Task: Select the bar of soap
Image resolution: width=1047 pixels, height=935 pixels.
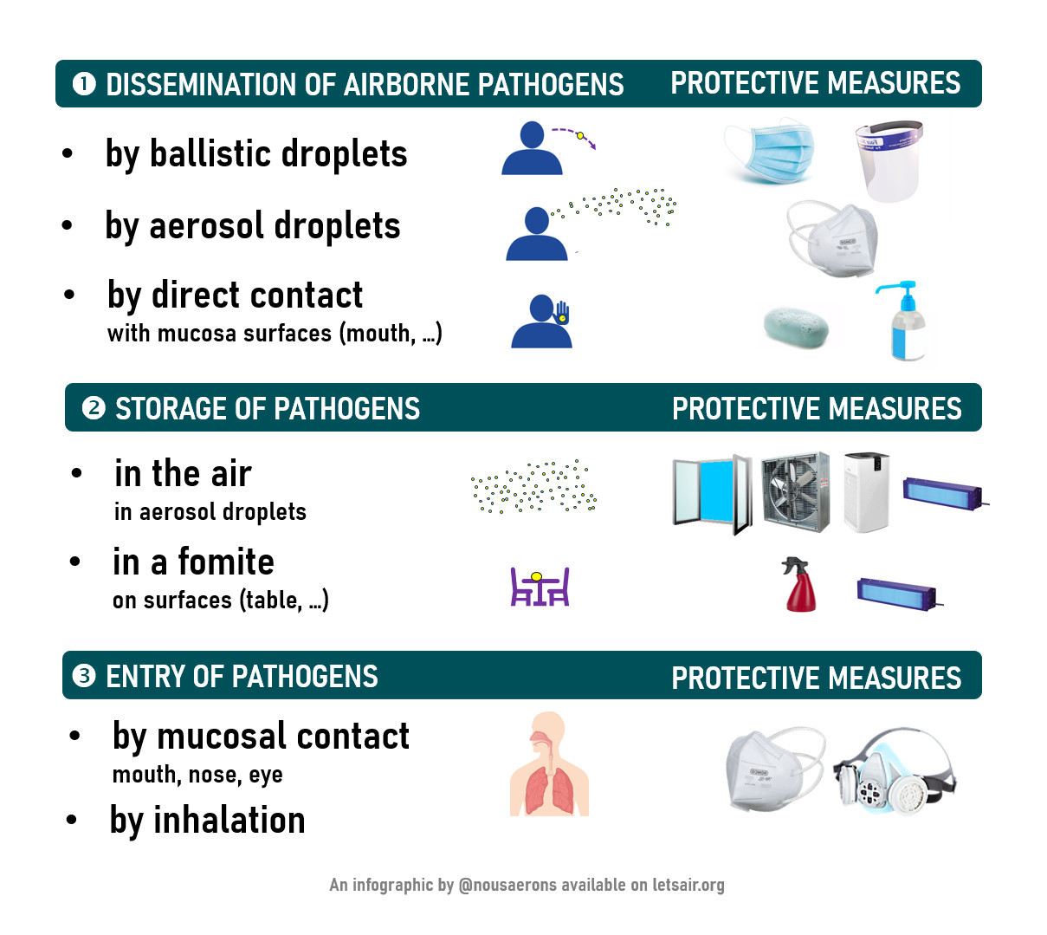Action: click(796, 327)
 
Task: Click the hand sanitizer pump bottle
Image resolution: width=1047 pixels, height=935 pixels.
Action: click(904, 321)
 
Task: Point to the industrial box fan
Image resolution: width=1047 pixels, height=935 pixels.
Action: click(795, 492)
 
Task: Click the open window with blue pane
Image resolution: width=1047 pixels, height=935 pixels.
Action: click(712, 495)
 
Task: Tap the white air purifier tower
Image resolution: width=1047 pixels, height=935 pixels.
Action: click(866, 492)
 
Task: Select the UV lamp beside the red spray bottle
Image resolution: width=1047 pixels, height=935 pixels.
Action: click(898, 594)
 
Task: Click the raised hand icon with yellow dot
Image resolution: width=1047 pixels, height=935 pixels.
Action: click(562, 313)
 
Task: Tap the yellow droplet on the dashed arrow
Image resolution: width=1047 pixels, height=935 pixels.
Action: click(580, 135)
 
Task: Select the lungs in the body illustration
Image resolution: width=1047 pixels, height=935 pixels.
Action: click(549, 789)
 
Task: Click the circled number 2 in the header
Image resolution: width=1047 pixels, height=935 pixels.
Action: click(94, 408)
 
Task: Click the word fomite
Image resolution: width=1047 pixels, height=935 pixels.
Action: click(226, 562)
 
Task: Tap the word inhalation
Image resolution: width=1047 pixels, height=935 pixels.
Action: click(229, 821)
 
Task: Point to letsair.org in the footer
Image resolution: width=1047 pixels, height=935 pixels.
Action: click(688, 885)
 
